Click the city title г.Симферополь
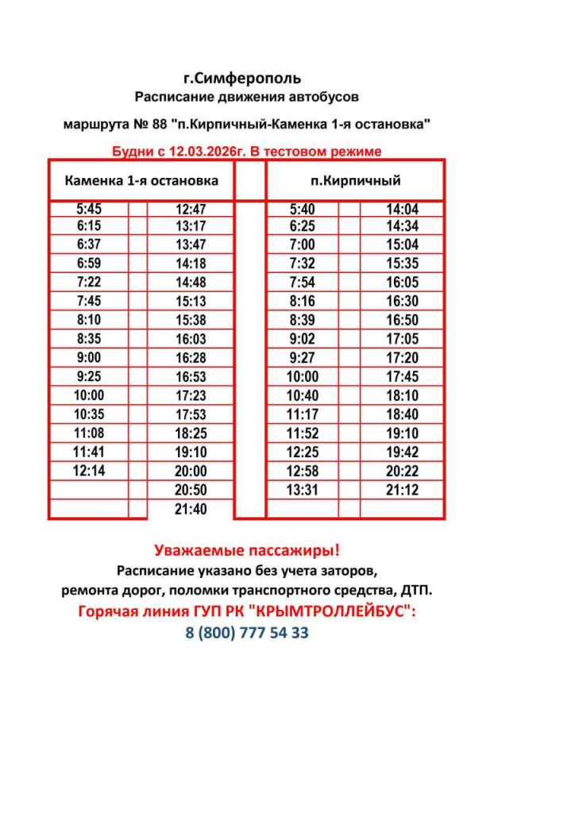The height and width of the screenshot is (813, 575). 242,79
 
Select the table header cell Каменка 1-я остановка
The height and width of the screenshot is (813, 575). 141,180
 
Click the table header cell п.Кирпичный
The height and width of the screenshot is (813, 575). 355,180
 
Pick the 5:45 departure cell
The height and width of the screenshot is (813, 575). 89,210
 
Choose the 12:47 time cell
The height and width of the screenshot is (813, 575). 191,210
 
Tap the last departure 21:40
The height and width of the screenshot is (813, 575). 191,509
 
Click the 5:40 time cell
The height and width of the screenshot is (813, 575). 303,210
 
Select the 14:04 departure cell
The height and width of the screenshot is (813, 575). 402,210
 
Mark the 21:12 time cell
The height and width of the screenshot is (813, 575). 402,490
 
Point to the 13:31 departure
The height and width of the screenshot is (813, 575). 303,490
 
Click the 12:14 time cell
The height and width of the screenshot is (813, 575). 89,471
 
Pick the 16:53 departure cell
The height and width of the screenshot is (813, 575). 191,376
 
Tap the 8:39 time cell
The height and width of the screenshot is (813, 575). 303,320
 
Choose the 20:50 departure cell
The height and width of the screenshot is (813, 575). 191,490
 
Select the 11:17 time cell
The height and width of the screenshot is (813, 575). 303,414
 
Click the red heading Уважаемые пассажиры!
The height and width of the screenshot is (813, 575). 247,549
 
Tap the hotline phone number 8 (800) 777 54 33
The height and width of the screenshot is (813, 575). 247,633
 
